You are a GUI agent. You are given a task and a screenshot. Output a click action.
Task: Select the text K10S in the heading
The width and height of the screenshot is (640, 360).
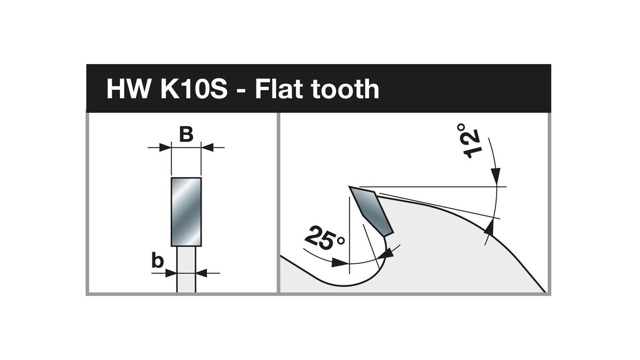pos(194,89)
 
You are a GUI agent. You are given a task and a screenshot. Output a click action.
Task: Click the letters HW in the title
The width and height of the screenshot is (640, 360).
pos(129,89)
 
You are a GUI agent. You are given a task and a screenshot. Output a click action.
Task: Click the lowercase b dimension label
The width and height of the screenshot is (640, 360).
pos(157,261)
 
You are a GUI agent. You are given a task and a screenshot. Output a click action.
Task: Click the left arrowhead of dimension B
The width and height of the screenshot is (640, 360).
pos(165,148)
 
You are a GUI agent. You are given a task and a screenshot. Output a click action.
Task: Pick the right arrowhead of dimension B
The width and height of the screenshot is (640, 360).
pos(207,148)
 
